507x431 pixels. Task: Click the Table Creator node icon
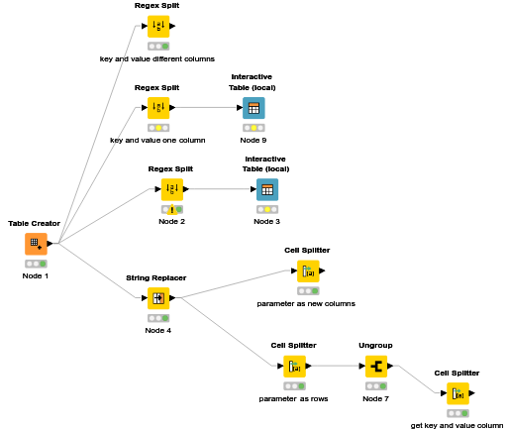tap(36, 244)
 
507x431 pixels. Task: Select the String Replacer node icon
tap(158, 298)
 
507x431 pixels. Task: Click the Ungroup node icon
tap(376, 367)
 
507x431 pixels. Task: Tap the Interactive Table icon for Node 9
tap(253, 108)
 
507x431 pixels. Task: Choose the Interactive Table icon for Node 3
tap(266, 189)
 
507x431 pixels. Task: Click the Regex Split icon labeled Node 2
tap(171, 189)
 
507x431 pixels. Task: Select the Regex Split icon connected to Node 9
tap(157, 108)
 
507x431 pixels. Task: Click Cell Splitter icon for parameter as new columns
tap(307, 271)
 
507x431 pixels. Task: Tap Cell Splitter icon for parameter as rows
tap(294, 367)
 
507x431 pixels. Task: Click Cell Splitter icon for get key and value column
tap(456, 393)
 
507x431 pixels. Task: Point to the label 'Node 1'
tap(36, 276)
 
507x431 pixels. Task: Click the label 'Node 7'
tap(376, 398)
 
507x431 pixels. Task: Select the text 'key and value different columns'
tap(157, 58)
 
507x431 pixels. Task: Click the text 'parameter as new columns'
tap(306, 303)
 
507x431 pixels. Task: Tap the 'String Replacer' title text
tap(156, 278)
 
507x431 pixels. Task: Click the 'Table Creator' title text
tap(35, 224)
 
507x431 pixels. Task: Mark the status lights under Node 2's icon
tap(171, 209)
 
